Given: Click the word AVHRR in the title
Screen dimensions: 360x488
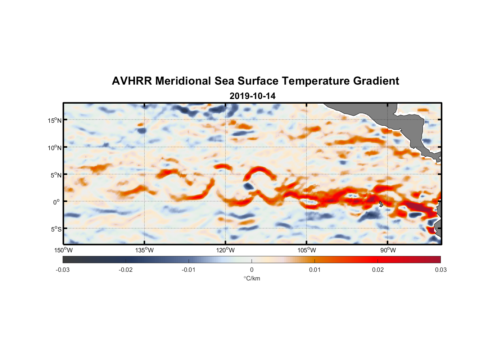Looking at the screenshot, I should point(132,81).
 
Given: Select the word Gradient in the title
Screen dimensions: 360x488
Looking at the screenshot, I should point(376,81).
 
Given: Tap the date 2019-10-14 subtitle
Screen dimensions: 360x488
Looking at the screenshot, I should point(252,96).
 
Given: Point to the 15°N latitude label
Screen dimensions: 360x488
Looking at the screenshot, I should point(55,120).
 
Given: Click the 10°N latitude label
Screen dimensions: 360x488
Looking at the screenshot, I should point(55,148).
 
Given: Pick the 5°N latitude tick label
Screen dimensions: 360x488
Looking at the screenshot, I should point(56,175).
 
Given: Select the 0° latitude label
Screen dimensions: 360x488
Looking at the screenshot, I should point(57,202).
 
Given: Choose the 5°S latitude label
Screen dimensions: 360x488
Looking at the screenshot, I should point(56,229).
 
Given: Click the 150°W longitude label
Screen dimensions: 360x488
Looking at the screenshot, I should point(64,250).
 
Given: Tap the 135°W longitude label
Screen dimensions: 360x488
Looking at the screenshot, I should point(145,250).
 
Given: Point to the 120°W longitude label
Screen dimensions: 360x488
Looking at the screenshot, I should point(226,250).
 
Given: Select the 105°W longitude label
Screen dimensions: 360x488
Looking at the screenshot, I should point(307,250).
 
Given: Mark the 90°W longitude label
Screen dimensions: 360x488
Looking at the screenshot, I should point(388,250).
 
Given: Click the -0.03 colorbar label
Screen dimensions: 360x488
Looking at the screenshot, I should point(63,270).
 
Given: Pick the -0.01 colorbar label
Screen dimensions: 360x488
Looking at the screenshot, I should point(189,270).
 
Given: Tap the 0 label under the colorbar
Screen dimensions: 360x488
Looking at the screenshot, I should point(252,270).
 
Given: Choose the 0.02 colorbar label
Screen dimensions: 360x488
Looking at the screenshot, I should point(378,270).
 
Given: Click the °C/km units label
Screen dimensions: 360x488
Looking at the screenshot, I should point(252,278).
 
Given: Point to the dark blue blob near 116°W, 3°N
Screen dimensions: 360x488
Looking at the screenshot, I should point(248,186).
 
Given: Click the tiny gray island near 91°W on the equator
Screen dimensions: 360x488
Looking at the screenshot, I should point(381,204).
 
